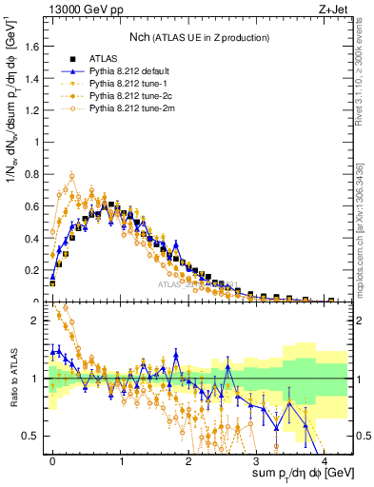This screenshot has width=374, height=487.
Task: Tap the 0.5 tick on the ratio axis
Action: pyautogui.click(x=33, y=436)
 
